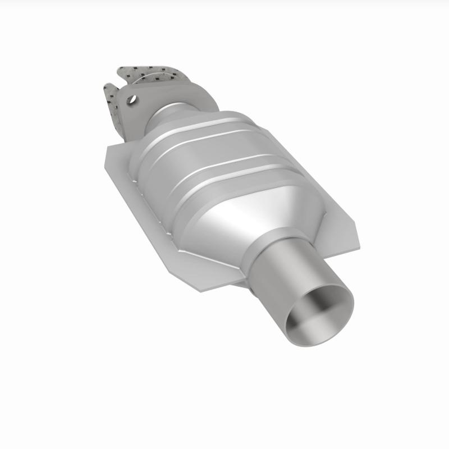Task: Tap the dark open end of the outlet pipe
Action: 320,311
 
